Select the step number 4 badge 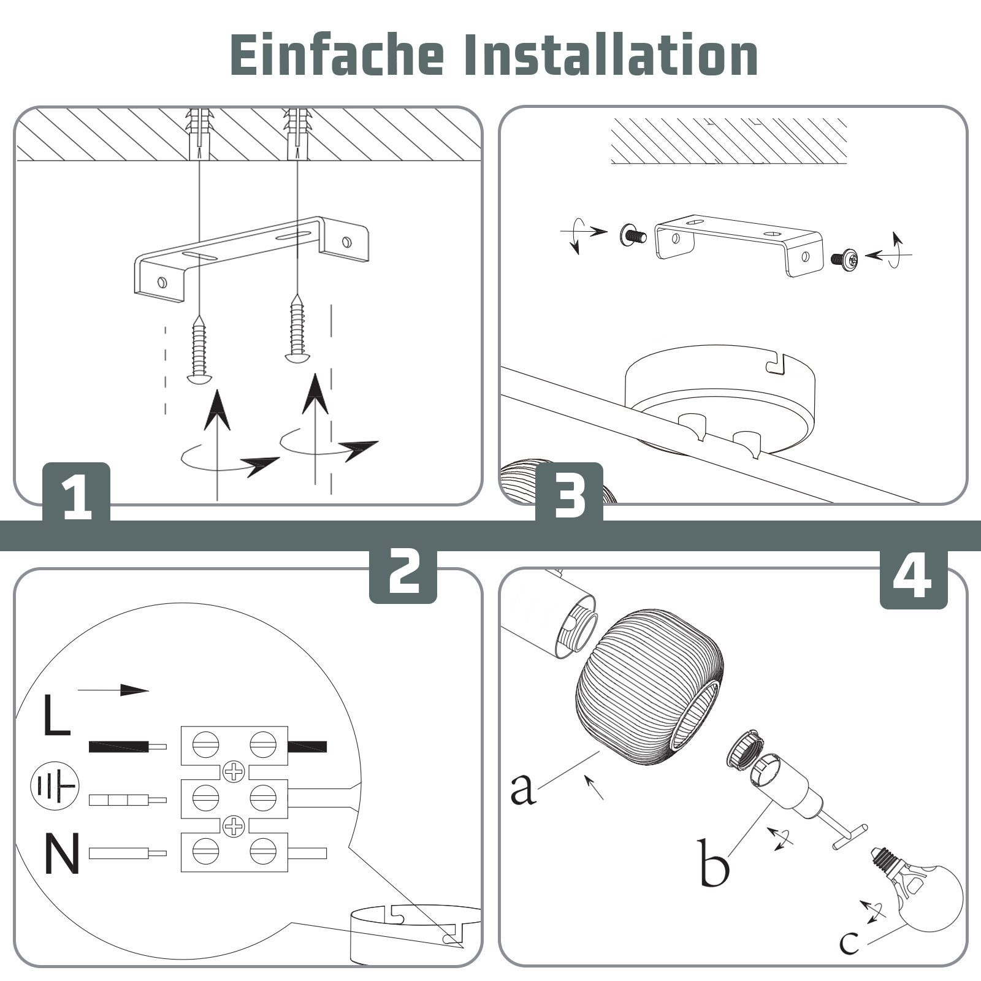pos(913,579)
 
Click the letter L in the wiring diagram pos(56,714)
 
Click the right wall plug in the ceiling pos(297,132)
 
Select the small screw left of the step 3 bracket pos(632,235)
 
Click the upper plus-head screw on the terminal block pos(234,771)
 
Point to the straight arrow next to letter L pos(113,690)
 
